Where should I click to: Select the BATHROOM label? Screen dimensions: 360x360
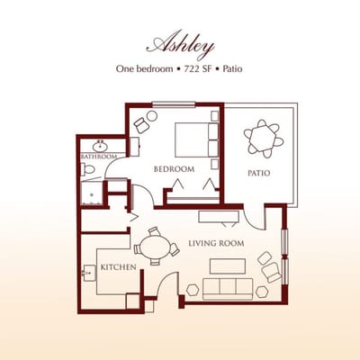point(99,157)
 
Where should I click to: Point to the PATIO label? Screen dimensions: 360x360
point(260,173)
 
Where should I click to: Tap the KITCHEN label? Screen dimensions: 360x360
point(118,267)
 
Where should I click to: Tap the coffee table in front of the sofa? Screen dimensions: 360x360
point(227,265)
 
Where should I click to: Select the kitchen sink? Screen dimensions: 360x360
point(89,274)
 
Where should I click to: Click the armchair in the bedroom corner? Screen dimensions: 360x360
point(142,124)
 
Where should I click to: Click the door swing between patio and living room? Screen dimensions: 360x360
point(253,216)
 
